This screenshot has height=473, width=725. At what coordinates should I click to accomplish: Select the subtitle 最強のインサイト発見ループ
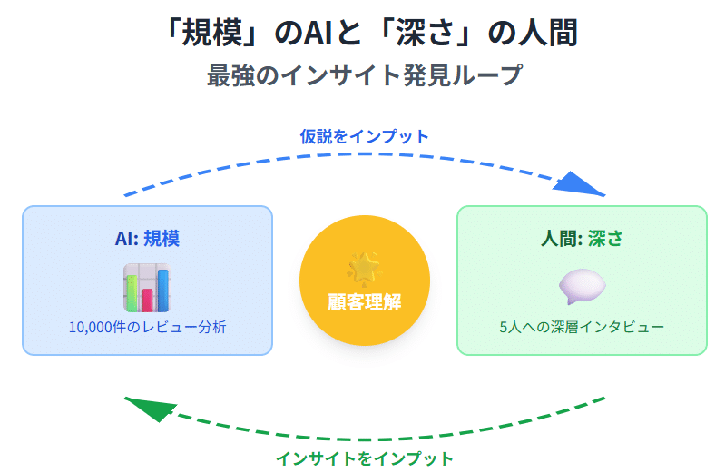[x=364, y=75]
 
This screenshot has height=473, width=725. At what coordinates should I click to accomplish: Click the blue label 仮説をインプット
[x=364, y=136]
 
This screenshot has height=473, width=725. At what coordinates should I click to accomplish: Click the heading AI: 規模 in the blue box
[x=147, y=239]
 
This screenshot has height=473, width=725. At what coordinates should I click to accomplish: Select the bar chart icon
[x=147, y=288]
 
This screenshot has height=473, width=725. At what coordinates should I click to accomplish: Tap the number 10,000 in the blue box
[x=94, y=327]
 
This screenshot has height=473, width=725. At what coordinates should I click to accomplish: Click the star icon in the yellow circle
[x=364, y=269]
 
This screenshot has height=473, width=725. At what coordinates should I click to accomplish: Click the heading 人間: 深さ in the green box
[x=582, y=239]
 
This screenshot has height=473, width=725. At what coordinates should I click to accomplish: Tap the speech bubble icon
[x=582, y=287]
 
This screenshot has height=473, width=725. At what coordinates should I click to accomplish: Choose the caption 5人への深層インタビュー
[x=582, y=327]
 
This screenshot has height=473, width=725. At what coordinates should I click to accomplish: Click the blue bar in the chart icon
[x=163, y=290]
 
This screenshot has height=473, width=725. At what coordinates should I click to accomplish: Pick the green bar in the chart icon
[x=132, y=293]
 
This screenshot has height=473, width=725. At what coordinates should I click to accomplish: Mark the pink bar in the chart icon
[x=147, y=300]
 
